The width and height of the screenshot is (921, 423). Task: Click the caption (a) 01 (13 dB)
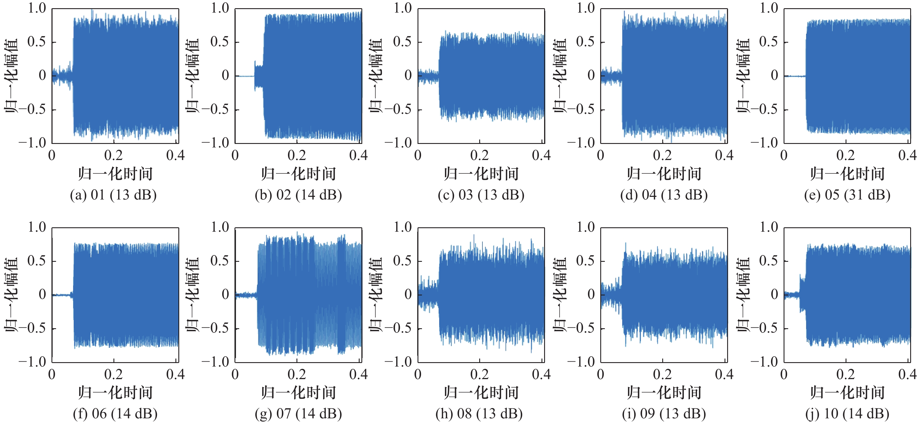pos(113,195)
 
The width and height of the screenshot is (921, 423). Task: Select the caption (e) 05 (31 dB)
pos(847,195)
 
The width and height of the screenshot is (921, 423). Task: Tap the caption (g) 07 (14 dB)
pos(298,414)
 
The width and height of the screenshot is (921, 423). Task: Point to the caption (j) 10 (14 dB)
pos(847,414)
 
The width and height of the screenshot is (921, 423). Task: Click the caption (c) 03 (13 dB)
pos(481,195)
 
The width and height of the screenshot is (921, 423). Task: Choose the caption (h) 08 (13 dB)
pos(479,414)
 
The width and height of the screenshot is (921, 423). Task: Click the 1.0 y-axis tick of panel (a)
pos(37,8)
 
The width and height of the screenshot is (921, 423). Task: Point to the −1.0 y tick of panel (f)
pos(32,362)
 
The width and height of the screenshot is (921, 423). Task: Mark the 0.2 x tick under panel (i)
pos(663,374)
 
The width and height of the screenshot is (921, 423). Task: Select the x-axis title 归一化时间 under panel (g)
pos(298,393)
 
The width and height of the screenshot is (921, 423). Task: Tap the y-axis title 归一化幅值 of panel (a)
pos(11,76)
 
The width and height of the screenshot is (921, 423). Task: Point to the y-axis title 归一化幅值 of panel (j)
pos(743,295)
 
